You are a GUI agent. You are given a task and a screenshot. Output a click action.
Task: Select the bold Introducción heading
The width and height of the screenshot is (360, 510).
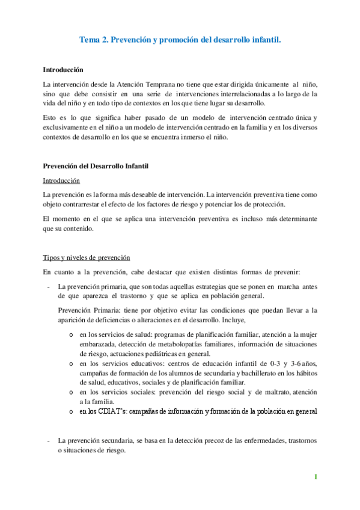64,70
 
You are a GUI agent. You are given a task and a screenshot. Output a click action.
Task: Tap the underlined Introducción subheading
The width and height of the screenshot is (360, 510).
62,180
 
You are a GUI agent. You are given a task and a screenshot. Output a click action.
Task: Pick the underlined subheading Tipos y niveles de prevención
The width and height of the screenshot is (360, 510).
87,257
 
